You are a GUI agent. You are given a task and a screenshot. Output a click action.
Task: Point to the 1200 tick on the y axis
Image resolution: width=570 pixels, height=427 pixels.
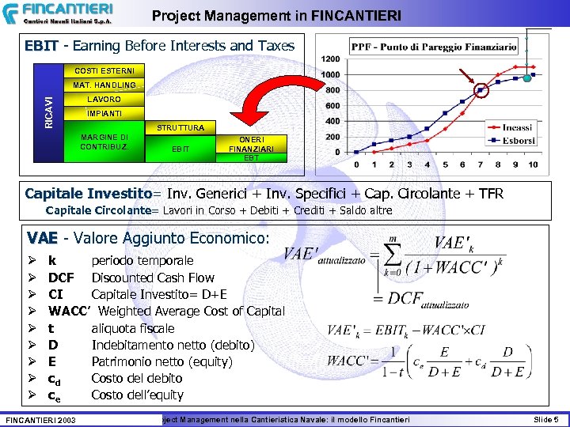[330, 59]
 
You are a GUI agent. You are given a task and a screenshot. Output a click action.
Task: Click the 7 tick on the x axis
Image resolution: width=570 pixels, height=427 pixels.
[480, 164]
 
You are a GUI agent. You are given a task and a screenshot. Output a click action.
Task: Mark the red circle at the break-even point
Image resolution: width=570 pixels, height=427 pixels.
[482, 92]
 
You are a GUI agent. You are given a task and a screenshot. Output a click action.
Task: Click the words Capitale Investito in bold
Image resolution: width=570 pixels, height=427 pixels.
[88, 194]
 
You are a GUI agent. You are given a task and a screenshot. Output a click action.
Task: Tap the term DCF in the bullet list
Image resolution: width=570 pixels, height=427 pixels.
[61, 278]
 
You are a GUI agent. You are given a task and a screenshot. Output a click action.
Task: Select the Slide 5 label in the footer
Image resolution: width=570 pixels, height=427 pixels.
[545, 418]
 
